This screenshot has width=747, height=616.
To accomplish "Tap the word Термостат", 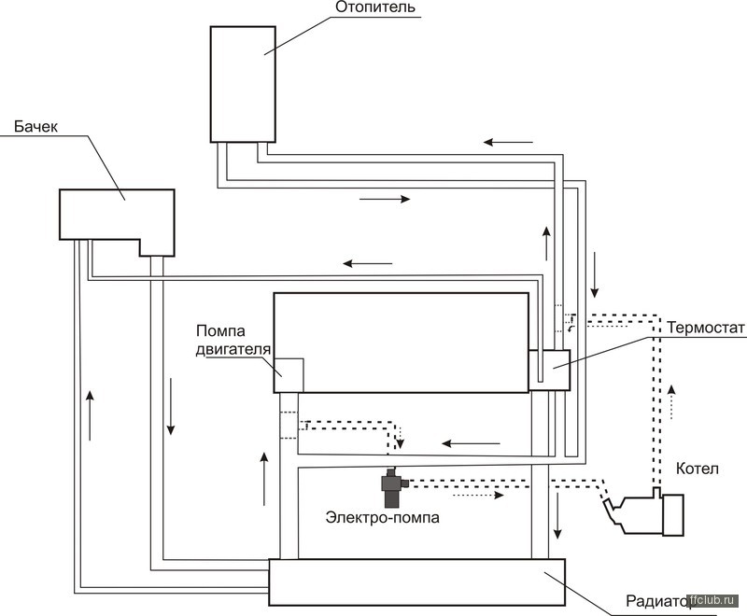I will pos(704,328).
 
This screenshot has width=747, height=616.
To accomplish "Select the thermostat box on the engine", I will pos(550,367).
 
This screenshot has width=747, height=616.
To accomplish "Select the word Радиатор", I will pos(653,602).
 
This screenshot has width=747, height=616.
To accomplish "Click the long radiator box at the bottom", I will pos(417,581).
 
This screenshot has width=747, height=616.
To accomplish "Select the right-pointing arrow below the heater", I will pos(384,199).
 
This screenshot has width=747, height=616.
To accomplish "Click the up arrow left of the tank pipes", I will pos(90,415).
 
